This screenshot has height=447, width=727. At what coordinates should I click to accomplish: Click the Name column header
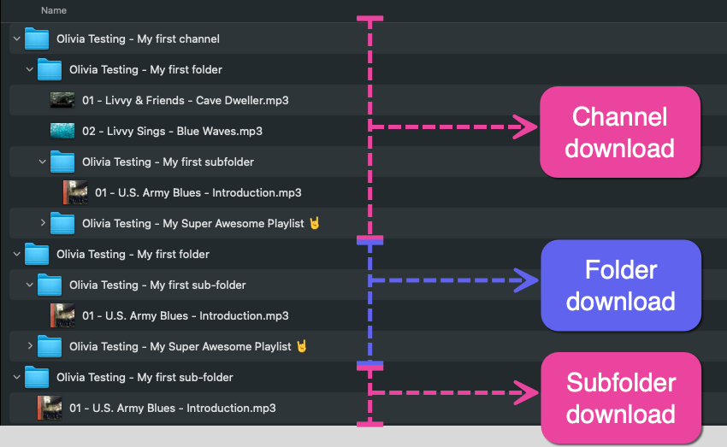pos(53,11)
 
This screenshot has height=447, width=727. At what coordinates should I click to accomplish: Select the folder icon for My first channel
pos(37,38)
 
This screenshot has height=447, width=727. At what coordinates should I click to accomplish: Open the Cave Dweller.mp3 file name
pos(185,100)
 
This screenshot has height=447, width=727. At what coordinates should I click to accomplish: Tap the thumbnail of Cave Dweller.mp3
pos(62,100)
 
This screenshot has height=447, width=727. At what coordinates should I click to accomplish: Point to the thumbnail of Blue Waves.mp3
pos(62,131)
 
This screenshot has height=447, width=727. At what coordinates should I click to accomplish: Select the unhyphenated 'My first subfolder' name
pos(168,162)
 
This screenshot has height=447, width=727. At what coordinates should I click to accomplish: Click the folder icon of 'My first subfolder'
pos(62,162)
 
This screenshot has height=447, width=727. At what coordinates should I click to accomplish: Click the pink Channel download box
pos(619,132)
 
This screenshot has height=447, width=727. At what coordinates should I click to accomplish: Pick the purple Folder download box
pos(620,285)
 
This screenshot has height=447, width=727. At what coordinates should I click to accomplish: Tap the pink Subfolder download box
pos(620,398)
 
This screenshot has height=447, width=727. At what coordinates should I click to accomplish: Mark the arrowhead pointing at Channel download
pos(525,126)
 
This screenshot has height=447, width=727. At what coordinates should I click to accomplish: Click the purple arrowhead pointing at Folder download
pos(527,279)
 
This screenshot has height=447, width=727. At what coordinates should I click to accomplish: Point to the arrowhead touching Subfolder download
pos(527,393)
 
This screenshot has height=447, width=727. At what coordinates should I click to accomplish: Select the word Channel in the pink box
pos(619,116)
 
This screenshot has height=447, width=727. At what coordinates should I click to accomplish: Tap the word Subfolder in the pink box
pos(621,383)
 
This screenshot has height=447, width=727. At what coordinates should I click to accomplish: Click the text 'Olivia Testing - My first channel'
pos(138,38)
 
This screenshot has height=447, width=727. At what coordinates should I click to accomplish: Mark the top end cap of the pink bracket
pos(370,18)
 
